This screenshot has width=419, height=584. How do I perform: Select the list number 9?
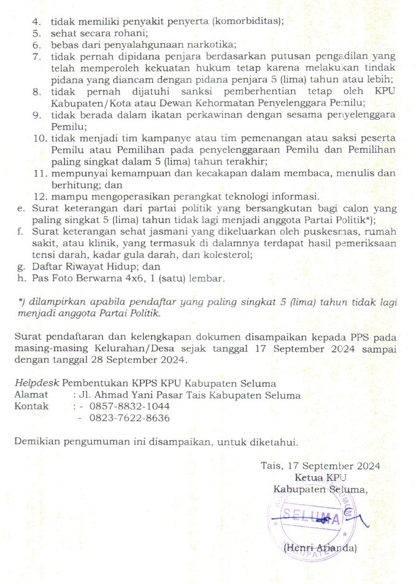(x=37, y=115)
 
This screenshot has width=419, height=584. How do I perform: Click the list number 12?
(x=39, y=197)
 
